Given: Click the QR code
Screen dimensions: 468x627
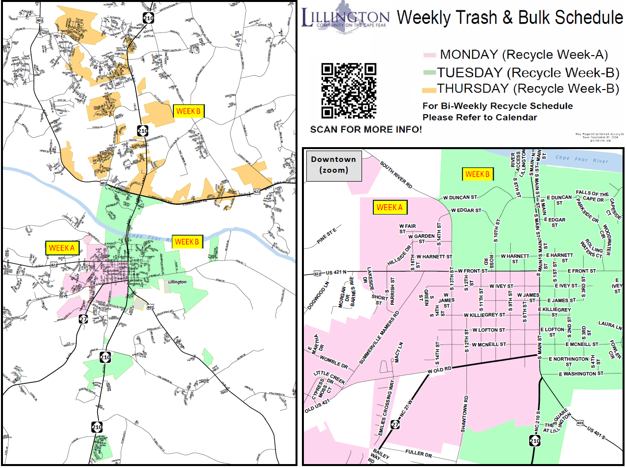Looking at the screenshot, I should pos(349,91).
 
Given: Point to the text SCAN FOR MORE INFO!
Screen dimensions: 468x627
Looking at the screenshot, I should pos(365,130).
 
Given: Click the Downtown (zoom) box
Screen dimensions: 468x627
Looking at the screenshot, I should pos(333,165).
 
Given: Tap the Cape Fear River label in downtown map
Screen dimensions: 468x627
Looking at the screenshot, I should pos(582,160).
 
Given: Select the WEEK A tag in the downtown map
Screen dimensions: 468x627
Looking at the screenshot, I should pos(390,208).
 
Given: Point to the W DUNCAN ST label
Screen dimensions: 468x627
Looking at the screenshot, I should pos(460,197).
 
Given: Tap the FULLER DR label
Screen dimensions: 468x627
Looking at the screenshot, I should pos(418,452).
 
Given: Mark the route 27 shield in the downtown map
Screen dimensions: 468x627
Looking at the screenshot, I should pos(396,425).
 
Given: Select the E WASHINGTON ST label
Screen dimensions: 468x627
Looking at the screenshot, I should pos(581,374).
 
